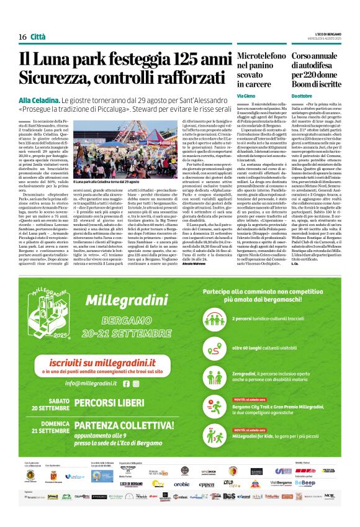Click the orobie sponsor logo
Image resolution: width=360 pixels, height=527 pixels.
coord(181,484)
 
